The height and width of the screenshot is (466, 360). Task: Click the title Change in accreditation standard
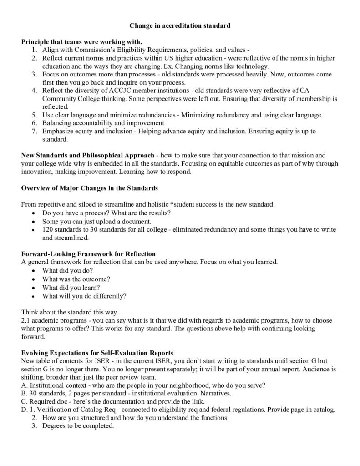pos(180,26)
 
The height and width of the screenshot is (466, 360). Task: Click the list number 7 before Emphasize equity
pos(34,131)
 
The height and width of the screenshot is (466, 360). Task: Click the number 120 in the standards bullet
pos(48,229)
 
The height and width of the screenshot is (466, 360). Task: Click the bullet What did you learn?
pos(71,287)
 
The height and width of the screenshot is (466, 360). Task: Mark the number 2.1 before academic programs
pos(26,320)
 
